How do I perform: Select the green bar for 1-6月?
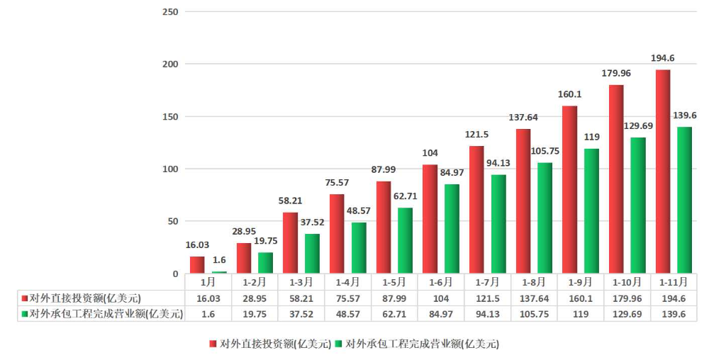pyautogui.click(x=452, y=229)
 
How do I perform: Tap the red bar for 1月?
pyautogui.click(x=197, y=265)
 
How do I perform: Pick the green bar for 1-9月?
pyautogui.click(x=592, y=211)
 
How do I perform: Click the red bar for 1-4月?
pyautogui.click(x=337, y=234)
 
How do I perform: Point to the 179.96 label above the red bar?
pyautogui.click(x=616, y=73)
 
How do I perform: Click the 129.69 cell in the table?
pyautogui.click(x=627, y=314)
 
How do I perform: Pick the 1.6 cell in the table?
pyautogui.click(x=208, y=314)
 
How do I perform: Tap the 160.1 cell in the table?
pyautogui.click(x=581, y=298)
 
